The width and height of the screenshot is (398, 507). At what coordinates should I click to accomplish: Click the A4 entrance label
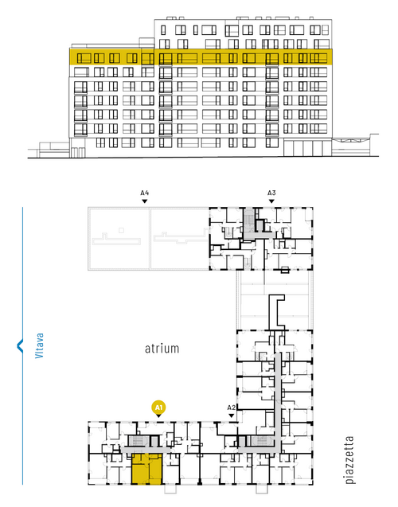145,193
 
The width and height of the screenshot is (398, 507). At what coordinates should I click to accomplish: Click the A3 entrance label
271,193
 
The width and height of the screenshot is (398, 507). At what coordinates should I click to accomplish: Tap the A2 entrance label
232,408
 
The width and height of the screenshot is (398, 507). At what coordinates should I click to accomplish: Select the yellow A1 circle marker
158,408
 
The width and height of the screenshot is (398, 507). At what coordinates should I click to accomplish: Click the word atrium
162,349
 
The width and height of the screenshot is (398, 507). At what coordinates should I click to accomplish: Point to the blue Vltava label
39,345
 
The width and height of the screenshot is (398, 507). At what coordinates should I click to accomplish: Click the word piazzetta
349,460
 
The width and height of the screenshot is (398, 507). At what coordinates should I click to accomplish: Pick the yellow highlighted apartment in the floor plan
146,469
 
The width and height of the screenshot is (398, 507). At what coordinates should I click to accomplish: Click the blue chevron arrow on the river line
20,345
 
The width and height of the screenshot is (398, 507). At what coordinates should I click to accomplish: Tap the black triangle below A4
145,201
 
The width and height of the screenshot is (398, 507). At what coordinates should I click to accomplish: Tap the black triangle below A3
271,201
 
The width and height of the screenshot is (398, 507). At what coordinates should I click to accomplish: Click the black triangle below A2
232,415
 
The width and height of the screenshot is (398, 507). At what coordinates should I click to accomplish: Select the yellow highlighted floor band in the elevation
201,57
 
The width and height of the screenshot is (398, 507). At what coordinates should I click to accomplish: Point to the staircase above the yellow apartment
138,441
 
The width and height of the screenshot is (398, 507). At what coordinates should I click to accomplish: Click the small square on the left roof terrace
121,230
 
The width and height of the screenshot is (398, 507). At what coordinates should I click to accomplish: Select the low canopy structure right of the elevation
355,146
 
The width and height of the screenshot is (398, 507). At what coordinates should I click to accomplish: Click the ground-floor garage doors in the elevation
307,148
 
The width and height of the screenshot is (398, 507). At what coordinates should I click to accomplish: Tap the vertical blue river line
22,346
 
